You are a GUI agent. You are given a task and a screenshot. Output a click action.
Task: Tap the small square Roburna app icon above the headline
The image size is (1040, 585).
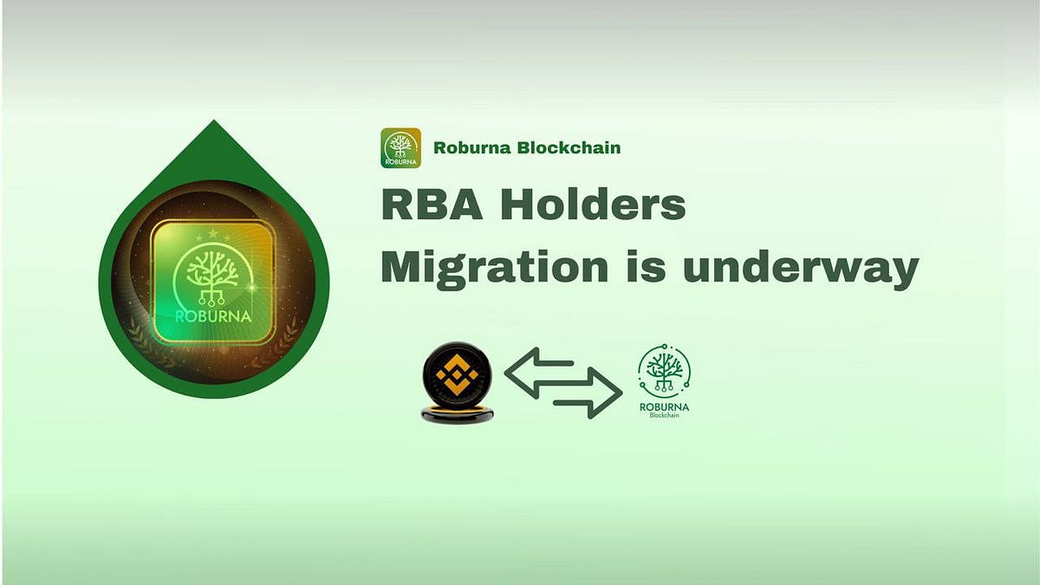(400, 147)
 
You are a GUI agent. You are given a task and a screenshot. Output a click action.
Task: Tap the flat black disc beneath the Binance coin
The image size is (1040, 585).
(457, 416)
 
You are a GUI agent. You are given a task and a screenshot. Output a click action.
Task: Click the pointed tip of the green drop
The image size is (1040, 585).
(213, 124)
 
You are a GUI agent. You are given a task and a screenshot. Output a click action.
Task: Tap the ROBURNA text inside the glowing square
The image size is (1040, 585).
(213, 315)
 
